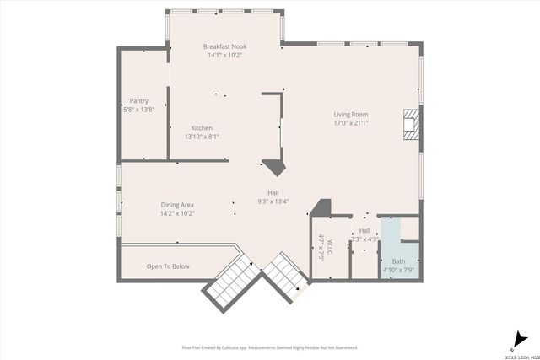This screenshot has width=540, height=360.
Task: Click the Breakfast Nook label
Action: click(224, 46)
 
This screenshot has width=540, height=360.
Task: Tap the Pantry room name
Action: click(138, 100)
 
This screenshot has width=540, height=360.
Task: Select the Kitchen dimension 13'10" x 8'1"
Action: click(202, 137)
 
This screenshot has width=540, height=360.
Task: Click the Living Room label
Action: click(350, 114)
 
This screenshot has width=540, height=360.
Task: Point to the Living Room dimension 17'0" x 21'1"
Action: click(350, 123)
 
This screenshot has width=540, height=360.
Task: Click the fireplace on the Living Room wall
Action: click(410, 125)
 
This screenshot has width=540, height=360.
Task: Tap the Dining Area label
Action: click(177, 205)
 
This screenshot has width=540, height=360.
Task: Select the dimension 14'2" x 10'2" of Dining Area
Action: click(177, 214)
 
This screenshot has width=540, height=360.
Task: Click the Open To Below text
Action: click(168, 266)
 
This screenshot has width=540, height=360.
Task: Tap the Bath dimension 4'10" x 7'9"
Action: click(399, 271)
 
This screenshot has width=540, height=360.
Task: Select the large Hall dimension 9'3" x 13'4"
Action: click(273, 201)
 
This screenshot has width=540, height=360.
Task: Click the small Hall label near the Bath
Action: click(364, 230)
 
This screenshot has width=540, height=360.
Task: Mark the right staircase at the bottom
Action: click(285, 280)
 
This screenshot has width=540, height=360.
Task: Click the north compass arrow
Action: click(515, 341)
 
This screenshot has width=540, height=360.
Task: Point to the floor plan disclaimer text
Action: click(270, 347)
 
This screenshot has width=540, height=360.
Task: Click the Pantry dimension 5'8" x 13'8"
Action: click(138, 110)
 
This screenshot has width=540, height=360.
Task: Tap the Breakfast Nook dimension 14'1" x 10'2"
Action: click(224, 56)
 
